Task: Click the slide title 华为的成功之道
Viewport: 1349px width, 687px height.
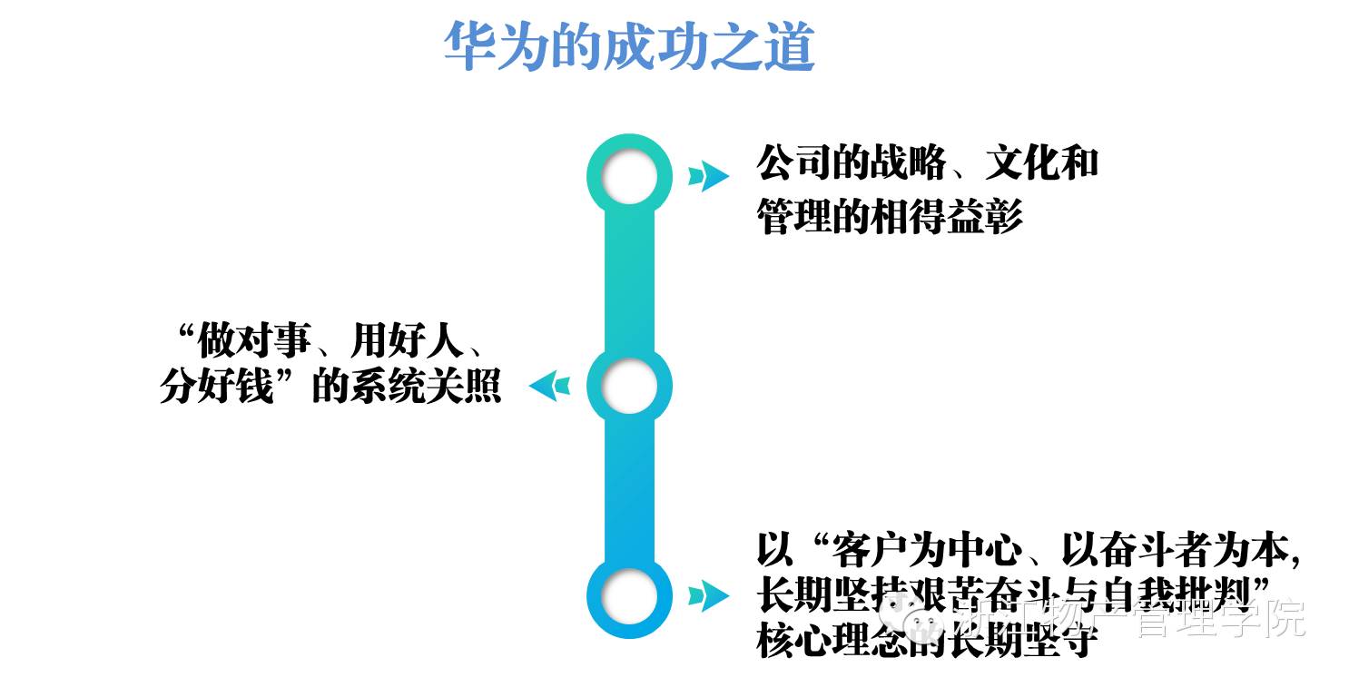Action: pyautogui.click(x=628, y=48)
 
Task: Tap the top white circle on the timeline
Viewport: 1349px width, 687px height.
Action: pyautogui.click(x=629, y=176)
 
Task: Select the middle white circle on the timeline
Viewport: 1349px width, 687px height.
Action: pyautogui.click(x=629, y=387)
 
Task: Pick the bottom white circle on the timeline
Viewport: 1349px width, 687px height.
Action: pyautogui.click(x=629, y=596)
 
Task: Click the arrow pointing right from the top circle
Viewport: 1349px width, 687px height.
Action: pyautogui.click(x=707, y=176)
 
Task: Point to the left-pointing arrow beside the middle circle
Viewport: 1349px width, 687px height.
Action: pyautogui.click(x=550, y=387)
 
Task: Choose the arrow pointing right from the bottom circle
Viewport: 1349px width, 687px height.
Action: pyautogui.click(x=707, y=596)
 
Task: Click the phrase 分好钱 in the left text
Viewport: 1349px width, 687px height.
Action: pyautogui.click(x=216, y=388)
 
